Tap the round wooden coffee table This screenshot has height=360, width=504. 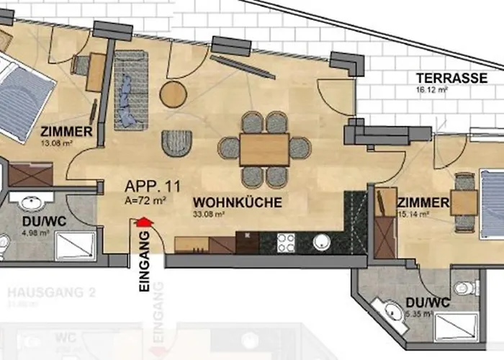173,93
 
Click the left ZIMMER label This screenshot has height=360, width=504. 66,132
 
